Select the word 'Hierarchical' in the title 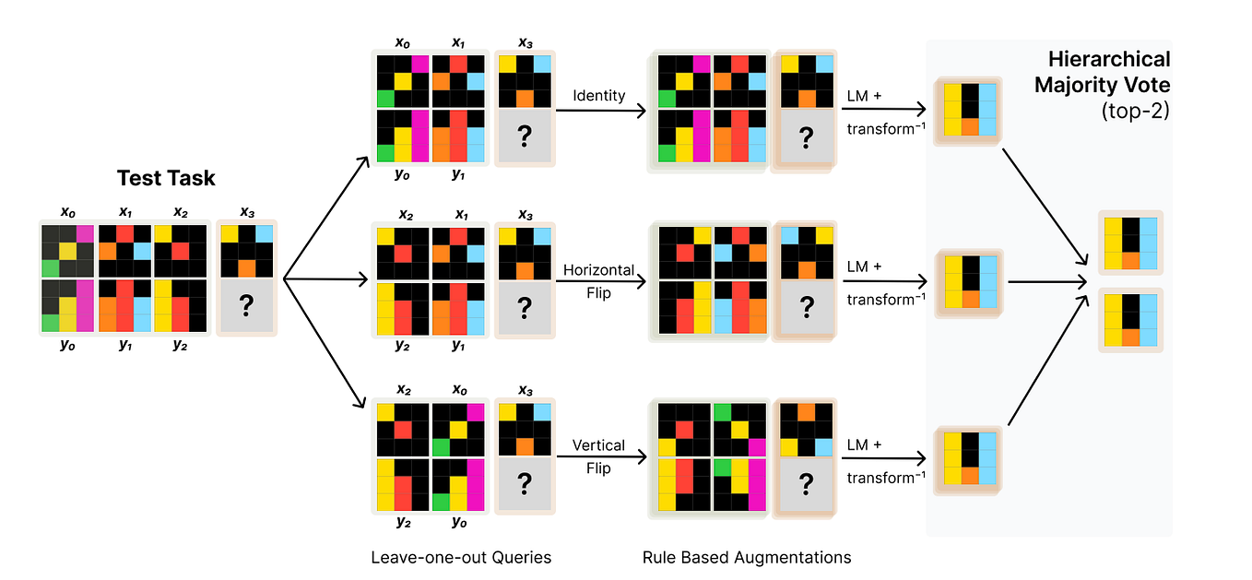[x=1109, y=60]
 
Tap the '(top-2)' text [x=1136, y=112]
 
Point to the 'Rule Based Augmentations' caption [x=747, y=558]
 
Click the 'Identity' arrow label [x=598, y=96]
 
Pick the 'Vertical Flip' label [x=598, y=456]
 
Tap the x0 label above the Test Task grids [x=68, y=212]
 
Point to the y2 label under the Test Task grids [x=180, y=346]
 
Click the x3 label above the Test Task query [x=246, y=212]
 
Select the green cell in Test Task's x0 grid [x=50, y=268]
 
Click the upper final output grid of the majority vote [x=1130, y=243]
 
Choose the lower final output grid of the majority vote [x=1130, y=320]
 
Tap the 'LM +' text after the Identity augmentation [x=864, y=96]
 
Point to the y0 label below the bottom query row [x=460, y=521]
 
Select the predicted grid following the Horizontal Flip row [x=968, y=282]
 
